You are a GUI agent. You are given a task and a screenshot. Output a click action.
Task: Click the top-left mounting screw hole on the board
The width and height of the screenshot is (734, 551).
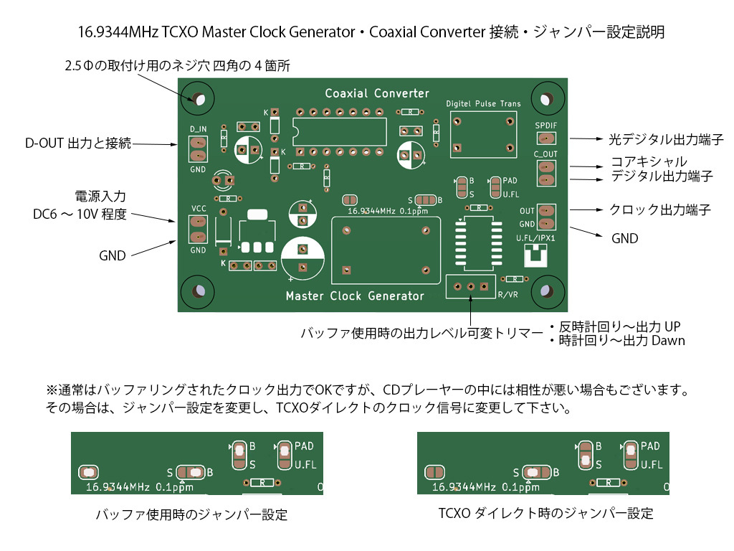click(x=197, y=98)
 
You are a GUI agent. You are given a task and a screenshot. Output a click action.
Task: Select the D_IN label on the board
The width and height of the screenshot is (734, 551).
click(x=198, y=128)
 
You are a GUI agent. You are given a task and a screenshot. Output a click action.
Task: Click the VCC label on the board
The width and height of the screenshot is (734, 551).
click(x=199, y=208)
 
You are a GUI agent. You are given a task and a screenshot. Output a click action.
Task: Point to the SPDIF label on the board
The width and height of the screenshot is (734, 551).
click(x=545, y=125)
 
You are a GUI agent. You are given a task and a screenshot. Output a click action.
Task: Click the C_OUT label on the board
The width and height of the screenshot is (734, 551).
click(x=545, y=154)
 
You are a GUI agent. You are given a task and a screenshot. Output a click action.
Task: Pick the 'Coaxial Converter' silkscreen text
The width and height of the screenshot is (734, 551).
click(x=377, y=93)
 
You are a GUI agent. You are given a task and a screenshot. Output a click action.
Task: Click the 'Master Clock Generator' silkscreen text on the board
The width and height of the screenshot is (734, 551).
click(x=355, y=296)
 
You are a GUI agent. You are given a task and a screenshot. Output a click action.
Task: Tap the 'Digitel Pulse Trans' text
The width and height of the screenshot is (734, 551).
click(x=483, y=104)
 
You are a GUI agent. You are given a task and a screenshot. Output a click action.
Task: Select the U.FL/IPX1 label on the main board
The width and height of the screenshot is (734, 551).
click(x=536, y=237)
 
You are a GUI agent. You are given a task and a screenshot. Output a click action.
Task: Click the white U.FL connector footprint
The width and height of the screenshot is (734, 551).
click(x=535, y=255)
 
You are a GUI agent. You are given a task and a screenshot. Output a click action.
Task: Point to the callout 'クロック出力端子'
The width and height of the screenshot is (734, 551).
click(x=659, y=209)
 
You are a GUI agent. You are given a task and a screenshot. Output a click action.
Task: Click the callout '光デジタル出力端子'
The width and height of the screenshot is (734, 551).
click(x=666, y=138)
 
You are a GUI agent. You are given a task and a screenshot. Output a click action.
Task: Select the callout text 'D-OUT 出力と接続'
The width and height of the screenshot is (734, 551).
click(x=78, y=143)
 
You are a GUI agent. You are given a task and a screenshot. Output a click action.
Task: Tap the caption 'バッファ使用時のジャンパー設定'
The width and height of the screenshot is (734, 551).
click(x=191, y=514)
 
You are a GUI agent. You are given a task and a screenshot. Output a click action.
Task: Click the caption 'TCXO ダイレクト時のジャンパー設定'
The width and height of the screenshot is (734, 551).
click(x=546, y=514)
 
